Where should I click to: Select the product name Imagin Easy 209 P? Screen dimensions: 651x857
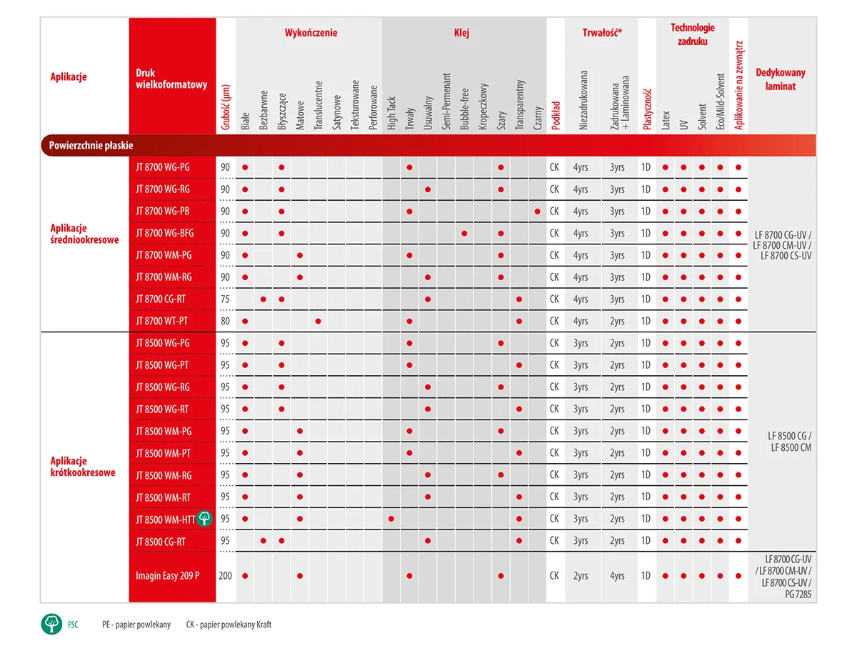point(167,575)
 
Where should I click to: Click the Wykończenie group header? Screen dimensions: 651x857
point(311,33)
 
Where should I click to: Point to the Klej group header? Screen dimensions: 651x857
point(462,33)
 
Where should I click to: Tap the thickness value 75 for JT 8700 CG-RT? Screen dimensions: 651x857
point(226,299)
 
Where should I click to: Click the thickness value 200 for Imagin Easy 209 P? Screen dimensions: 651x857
point(226,575)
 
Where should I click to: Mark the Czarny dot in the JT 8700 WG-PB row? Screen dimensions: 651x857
point(537,211)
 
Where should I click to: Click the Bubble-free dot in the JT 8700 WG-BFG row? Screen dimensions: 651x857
point(464,233)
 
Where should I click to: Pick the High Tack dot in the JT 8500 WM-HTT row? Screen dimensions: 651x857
point(391,518)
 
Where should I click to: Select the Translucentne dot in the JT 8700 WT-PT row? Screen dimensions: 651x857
point(318,321)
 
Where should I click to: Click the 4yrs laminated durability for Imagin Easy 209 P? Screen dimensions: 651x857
point(617,575)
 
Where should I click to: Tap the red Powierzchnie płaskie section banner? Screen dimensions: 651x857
point(428,145)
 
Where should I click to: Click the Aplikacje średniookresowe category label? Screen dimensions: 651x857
point(84,234)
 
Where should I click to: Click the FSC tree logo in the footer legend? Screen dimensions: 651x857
point(52,624)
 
